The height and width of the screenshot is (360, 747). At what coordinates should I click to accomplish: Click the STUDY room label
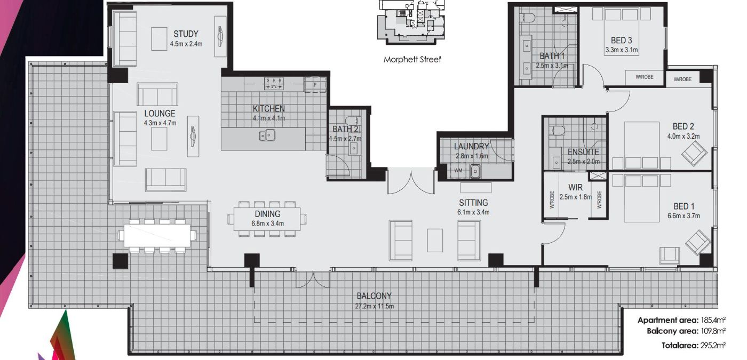click(186, 34)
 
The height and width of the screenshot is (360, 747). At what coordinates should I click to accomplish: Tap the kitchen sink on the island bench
click(267, 135)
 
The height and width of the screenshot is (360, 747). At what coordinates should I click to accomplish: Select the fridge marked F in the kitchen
click(315, 85)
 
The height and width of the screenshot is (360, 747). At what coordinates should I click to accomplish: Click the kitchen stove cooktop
click(274, 84)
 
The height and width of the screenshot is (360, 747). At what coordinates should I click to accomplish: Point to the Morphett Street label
click(412, 60)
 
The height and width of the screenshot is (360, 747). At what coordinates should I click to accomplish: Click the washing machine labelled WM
click(458, 171)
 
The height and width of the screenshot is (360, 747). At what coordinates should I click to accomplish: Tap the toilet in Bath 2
click(352, 122)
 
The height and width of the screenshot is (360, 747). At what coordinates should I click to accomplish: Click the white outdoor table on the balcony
click(157, 235)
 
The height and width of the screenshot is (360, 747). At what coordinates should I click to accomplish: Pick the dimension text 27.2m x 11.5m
click(374, 306)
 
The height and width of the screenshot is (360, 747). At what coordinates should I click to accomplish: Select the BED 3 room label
click(621, 41)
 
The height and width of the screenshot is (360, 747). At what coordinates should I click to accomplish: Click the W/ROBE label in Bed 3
click(645, 77)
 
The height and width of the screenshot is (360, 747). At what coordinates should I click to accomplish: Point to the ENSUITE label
click(583, 152)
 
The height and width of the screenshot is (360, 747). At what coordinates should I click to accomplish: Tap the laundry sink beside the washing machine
click(475, 171)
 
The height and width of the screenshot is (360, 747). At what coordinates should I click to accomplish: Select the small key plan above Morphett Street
click(411, 22)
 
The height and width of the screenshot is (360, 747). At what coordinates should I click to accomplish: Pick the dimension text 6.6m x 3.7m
click(684, 215)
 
